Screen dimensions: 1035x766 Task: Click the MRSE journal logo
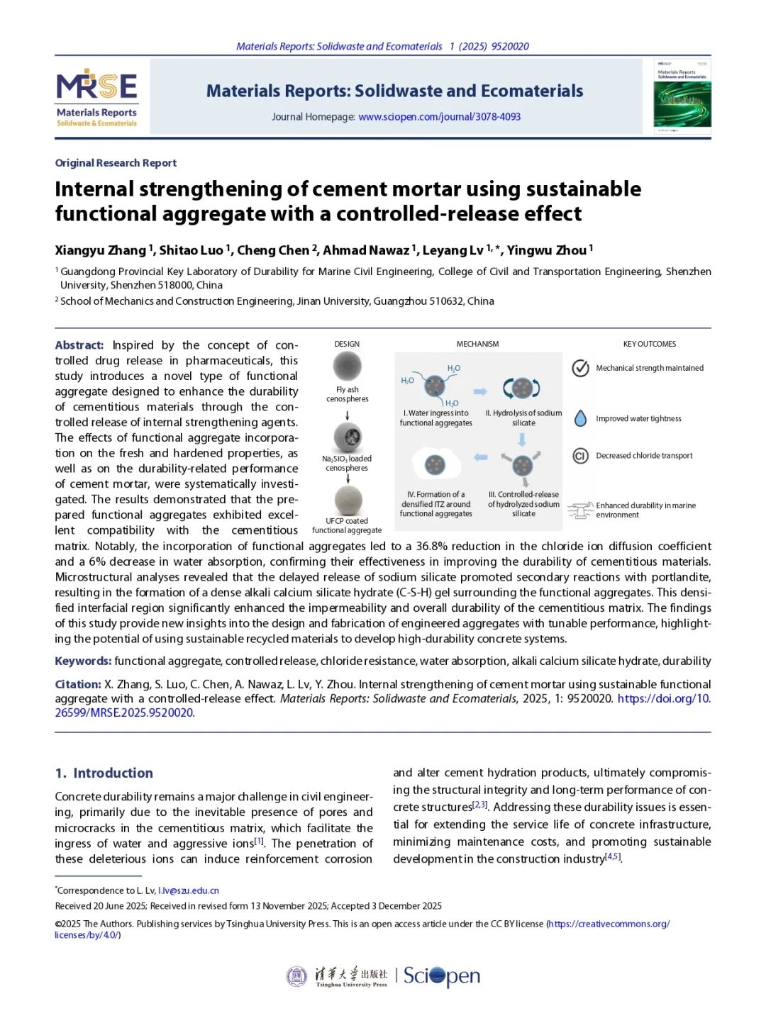click(97, 96)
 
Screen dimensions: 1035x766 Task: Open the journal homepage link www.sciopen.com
click(439, 117)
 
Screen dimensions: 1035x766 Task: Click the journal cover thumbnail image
click(682, 96)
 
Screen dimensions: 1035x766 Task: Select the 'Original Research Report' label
click(116, 163)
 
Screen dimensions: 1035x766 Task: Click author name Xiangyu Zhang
click(101, 250)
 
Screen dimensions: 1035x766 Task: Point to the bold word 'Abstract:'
click(79, 345)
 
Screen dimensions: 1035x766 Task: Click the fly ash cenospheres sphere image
click(347, 366)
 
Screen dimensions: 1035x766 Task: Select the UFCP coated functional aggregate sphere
click(348, 500)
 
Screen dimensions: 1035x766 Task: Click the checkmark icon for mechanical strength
click(581, 368)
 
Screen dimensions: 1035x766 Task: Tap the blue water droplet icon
click(580, 418)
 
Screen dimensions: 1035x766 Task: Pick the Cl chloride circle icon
click(580, 456)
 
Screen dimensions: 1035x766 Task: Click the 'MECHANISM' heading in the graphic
click(477, 345)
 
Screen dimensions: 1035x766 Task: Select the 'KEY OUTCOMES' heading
click(649, 345)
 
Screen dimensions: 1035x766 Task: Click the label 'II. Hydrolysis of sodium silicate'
click(523, 418)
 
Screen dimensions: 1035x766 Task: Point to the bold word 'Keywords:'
click(83, 661)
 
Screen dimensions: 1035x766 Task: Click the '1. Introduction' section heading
click(104, 773)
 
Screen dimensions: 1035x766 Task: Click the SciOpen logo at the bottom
click(442, 976)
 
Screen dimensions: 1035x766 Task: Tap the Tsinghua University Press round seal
click(296, 976)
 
